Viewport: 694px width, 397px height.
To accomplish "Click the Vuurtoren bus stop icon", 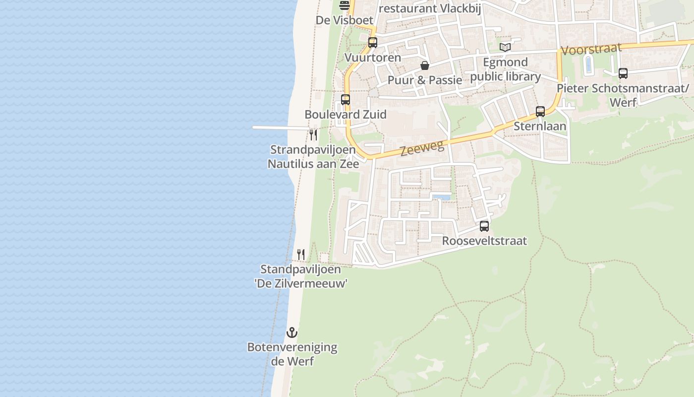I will click(x=373, y=43).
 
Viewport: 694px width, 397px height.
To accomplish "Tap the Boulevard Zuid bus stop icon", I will click(x=346, y=99).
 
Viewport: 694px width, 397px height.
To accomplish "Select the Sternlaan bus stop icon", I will click(x=540, y=111).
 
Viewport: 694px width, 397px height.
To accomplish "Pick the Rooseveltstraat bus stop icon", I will click(x=484, y=226).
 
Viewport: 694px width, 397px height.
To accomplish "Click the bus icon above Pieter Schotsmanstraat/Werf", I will click(x=623, y=73).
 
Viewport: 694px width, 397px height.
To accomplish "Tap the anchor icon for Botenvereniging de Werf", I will click(x=292, y=332).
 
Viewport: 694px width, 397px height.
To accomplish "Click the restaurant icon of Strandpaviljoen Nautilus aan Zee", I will click(x=313, y=134).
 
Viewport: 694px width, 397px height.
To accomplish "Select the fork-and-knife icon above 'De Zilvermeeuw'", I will click(x=301, y=255).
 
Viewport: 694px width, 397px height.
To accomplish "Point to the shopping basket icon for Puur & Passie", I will click(x=425, y=66).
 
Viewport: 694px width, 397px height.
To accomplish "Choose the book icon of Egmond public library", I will click(x=505, y=48).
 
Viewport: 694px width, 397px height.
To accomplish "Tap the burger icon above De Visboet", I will click(x=345, y=5).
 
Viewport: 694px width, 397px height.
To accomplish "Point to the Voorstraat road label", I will click(x=591, y=49).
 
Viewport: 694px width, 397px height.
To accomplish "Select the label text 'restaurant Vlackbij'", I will click(x=430, y=8).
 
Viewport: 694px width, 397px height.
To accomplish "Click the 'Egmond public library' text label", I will click(x=505, y=69).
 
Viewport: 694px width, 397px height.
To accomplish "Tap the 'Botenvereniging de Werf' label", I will click(x=292, y=354).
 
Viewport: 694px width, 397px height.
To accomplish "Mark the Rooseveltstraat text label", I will click(x=484, y=241).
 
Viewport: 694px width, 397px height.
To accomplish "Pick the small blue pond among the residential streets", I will click(x=441, y=198).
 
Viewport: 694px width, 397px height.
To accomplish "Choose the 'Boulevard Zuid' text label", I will click(x=346, y=115).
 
